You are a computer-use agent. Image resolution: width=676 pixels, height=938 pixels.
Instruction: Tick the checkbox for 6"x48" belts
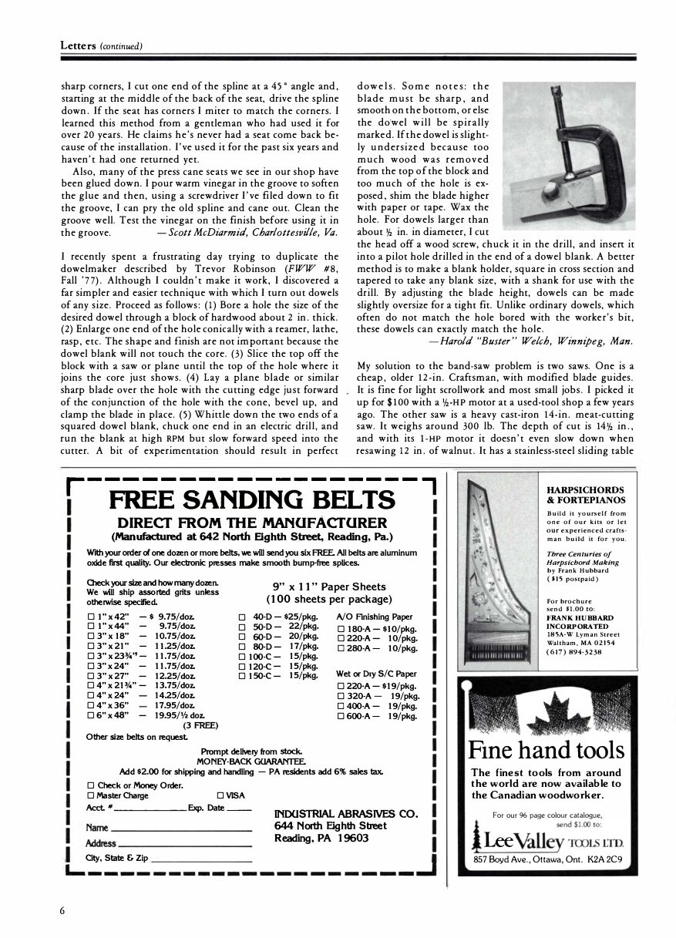click(x=91, y=716)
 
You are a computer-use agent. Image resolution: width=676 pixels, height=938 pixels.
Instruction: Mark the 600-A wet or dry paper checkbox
click(x=341, y=716)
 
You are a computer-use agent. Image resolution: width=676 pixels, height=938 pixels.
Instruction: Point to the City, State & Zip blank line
click(x=202, y=858)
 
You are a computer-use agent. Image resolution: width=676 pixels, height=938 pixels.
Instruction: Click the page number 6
click(x=62, y=909)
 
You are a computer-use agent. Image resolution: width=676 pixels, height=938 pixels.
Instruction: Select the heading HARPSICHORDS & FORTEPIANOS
click(x=585, y=495)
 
